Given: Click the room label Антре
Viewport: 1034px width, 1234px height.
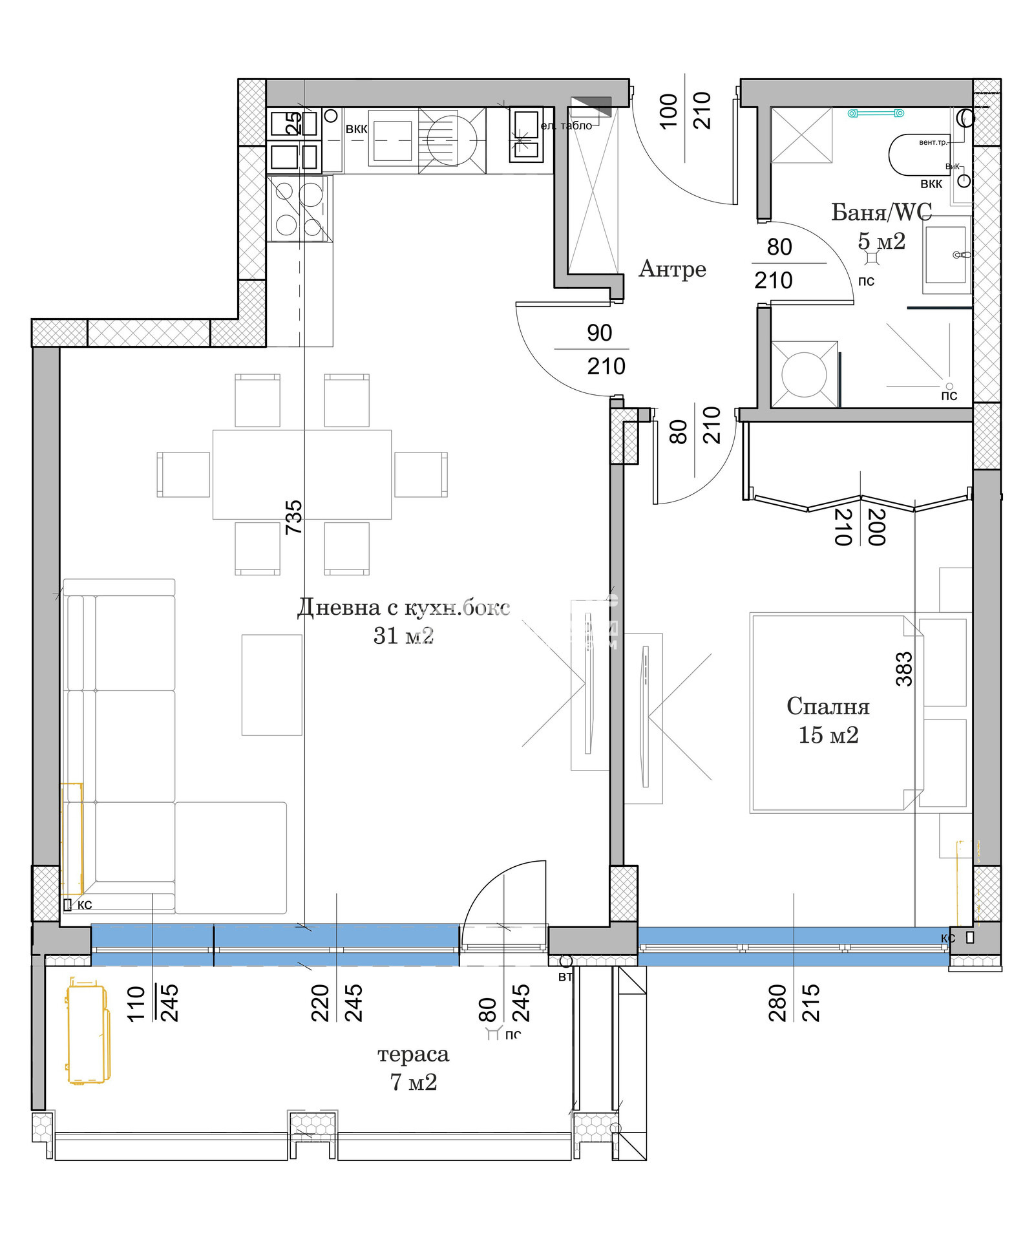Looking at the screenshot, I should coord(672,269).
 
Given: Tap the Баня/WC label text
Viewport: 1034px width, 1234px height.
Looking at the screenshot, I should coord(881,212).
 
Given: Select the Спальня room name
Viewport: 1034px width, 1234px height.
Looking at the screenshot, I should coord(828,706).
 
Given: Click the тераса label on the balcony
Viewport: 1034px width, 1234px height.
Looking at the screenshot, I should coord(413,1054).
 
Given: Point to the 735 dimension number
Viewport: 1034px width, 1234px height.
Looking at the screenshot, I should coord(294,516).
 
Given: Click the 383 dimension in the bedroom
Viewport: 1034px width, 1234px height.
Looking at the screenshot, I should coord(904,669).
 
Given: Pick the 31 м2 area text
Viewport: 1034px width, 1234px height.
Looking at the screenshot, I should coord(403,636).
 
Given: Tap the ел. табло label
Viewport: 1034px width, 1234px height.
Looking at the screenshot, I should coord(566,126).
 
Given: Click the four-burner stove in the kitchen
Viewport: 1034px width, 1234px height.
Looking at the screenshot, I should coord(299,209).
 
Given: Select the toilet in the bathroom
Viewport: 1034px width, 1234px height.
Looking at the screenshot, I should coord(916,155).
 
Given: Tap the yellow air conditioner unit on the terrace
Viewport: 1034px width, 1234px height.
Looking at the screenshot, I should coord(87,1033).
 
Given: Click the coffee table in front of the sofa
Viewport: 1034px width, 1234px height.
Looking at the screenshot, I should coord(272,685).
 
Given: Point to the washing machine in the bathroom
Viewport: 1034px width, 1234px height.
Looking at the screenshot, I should coord(804,375).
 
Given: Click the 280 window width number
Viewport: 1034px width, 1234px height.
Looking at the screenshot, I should coord(778,1003).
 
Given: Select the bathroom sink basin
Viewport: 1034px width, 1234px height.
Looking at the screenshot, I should coord(945,255).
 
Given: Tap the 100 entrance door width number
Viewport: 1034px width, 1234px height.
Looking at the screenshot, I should coord(669,111).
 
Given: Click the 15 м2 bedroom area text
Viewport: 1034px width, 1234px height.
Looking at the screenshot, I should coord(828,735).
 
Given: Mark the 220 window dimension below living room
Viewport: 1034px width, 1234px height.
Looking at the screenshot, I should coord(321,1003).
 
